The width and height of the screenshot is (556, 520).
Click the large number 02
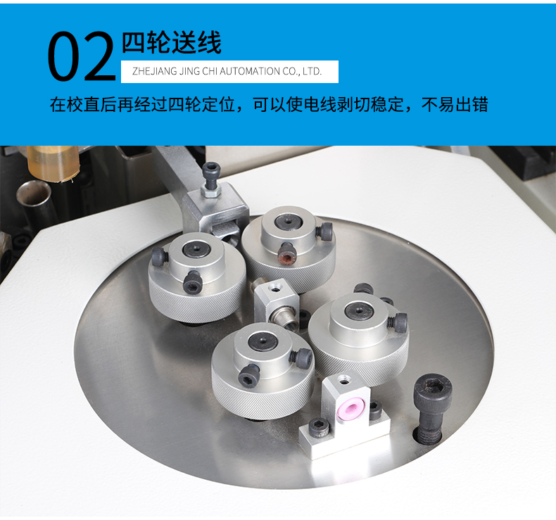click(82, 56)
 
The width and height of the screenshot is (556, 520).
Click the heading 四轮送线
click(172, 42)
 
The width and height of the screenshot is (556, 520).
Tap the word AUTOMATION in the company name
click(250, 71)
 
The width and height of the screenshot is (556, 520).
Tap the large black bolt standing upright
click(432, 408)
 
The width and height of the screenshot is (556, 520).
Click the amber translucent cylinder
click(53, 163)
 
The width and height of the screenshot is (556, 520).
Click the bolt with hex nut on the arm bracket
click(211, 179)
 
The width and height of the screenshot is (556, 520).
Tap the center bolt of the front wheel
click(262, 343)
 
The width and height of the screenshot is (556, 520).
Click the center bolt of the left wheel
click(196, 249)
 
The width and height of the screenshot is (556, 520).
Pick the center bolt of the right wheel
click(359, 310)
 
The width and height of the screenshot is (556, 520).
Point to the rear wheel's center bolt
click(289, 221)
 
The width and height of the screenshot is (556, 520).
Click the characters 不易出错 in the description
click(455, 104)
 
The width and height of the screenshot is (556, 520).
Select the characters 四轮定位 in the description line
click(201, 104)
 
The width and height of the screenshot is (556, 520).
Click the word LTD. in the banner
click(312, 71)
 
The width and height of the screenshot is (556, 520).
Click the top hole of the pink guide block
click(342, 381)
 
